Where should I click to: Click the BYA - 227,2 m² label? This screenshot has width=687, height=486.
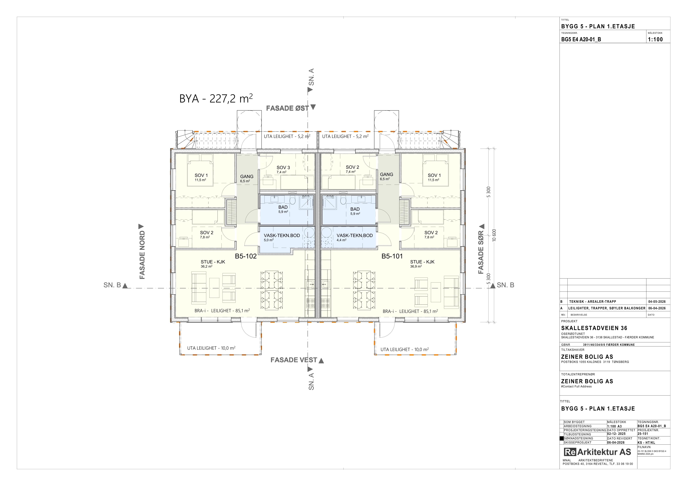(216, 98)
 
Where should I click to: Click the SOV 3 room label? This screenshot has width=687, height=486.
(283, 168)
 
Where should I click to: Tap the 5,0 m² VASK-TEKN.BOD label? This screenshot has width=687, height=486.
(282, 238)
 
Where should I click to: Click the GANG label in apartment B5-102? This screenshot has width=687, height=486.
(247, 177)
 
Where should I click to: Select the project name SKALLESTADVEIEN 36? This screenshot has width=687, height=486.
(594, 328)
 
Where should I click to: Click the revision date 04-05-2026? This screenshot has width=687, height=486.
(657, 302)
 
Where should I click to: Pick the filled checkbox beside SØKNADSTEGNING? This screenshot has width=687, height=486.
(562, 438)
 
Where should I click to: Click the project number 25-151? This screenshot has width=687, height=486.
(643, 434)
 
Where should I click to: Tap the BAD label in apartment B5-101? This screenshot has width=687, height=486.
(355, 209)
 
